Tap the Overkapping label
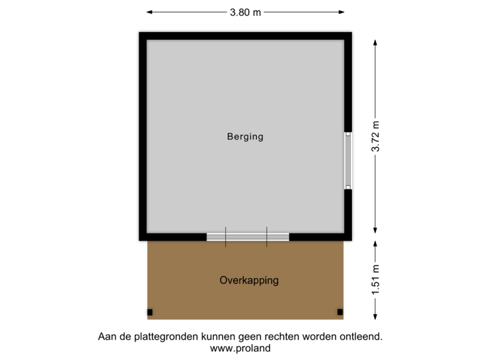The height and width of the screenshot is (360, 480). click(x=249, y=281)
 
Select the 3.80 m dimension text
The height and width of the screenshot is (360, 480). click(x=245, y=12)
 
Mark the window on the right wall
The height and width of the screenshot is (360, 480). click(x=348, y=161)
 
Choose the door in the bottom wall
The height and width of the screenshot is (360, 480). click(x=247, y=236)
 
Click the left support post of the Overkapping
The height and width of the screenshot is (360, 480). click(x=149, y=311)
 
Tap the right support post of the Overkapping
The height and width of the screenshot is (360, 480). click(x=341, y=311)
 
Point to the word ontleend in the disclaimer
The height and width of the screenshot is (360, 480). click(x=362, y=337)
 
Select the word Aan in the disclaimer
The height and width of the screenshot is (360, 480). click(x=106, y=337)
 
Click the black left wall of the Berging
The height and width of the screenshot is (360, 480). click(x=141, y=137)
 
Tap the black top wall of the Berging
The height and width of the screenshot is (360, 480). click(x=245, y=35)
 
